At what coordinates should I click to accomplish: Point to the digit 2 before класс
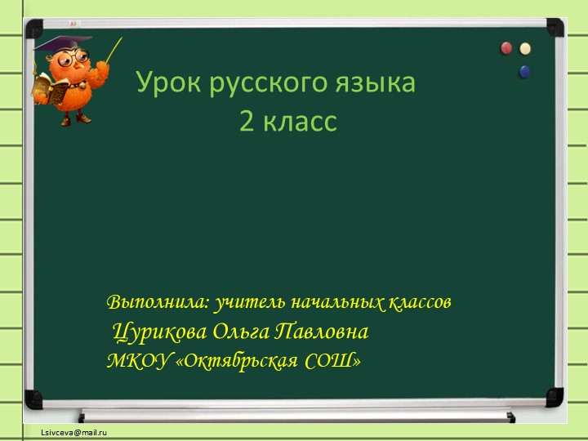[246, 122]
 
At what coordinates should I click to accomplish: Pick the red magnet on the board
[507, 49]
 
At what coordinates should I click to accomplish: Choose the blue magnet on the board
[524, 72]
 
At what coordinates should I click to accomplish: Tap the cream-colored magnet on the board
[525, 49]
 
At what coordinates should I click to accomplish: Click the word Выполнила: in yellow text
[158, 303]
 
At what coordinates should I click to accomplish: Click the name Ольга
[242, 332]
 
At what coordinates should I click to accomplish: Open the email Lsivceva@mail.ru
[75, 430]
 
